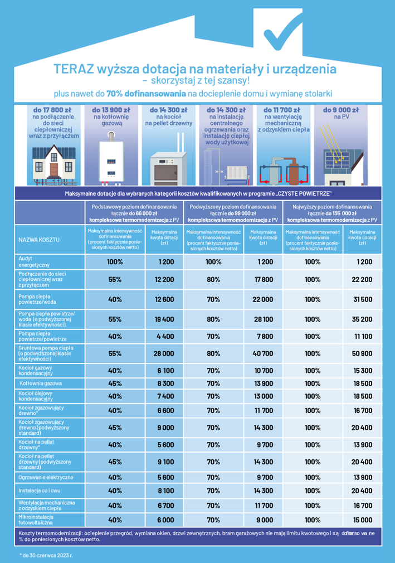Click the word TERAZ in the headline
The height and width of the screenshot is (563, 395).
(x=74, y=70)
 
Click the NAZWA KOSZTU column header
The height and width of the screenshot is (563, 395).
(x=40, y=239)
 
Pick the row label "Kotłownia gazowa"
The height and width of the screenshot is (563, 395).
(x=41, y=384)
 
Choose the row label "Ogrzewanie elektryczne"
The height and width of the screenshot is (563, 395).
(x=45, y=478)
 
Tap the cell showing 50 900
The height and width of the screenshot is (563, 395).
(x=362, y=353)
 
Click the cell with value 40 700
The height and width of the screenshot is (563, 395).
(x=263, y=353)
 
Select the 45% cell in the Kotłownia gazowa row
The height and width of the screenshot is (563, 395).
(x=115, y=384)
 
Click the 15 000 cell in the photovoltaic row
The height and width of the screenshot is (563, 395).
(x=362, y=519)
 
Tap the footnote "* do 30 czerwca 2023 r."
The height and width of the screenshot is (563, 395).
(x=46, y=555)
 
